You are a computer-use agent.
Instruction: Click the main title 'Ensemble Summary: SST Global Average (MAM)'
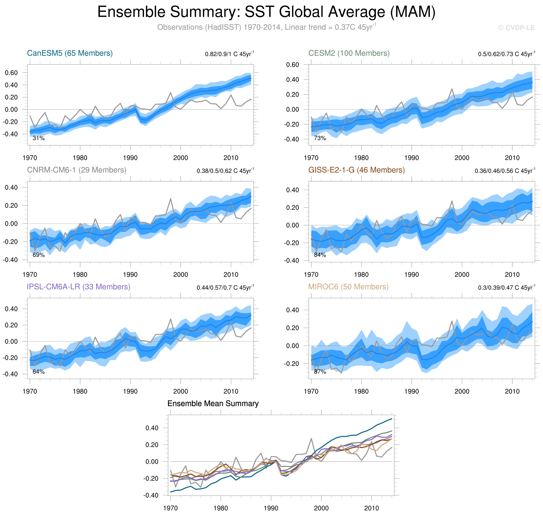click(266, 12)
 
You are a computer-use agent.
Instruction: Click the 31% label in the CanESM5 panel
click(39, 138)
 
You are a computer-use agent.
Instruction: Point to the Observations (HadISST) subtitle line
click(266, 27)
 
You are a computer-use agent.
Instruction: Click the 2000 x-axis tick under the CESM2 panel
click(462, 158)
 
